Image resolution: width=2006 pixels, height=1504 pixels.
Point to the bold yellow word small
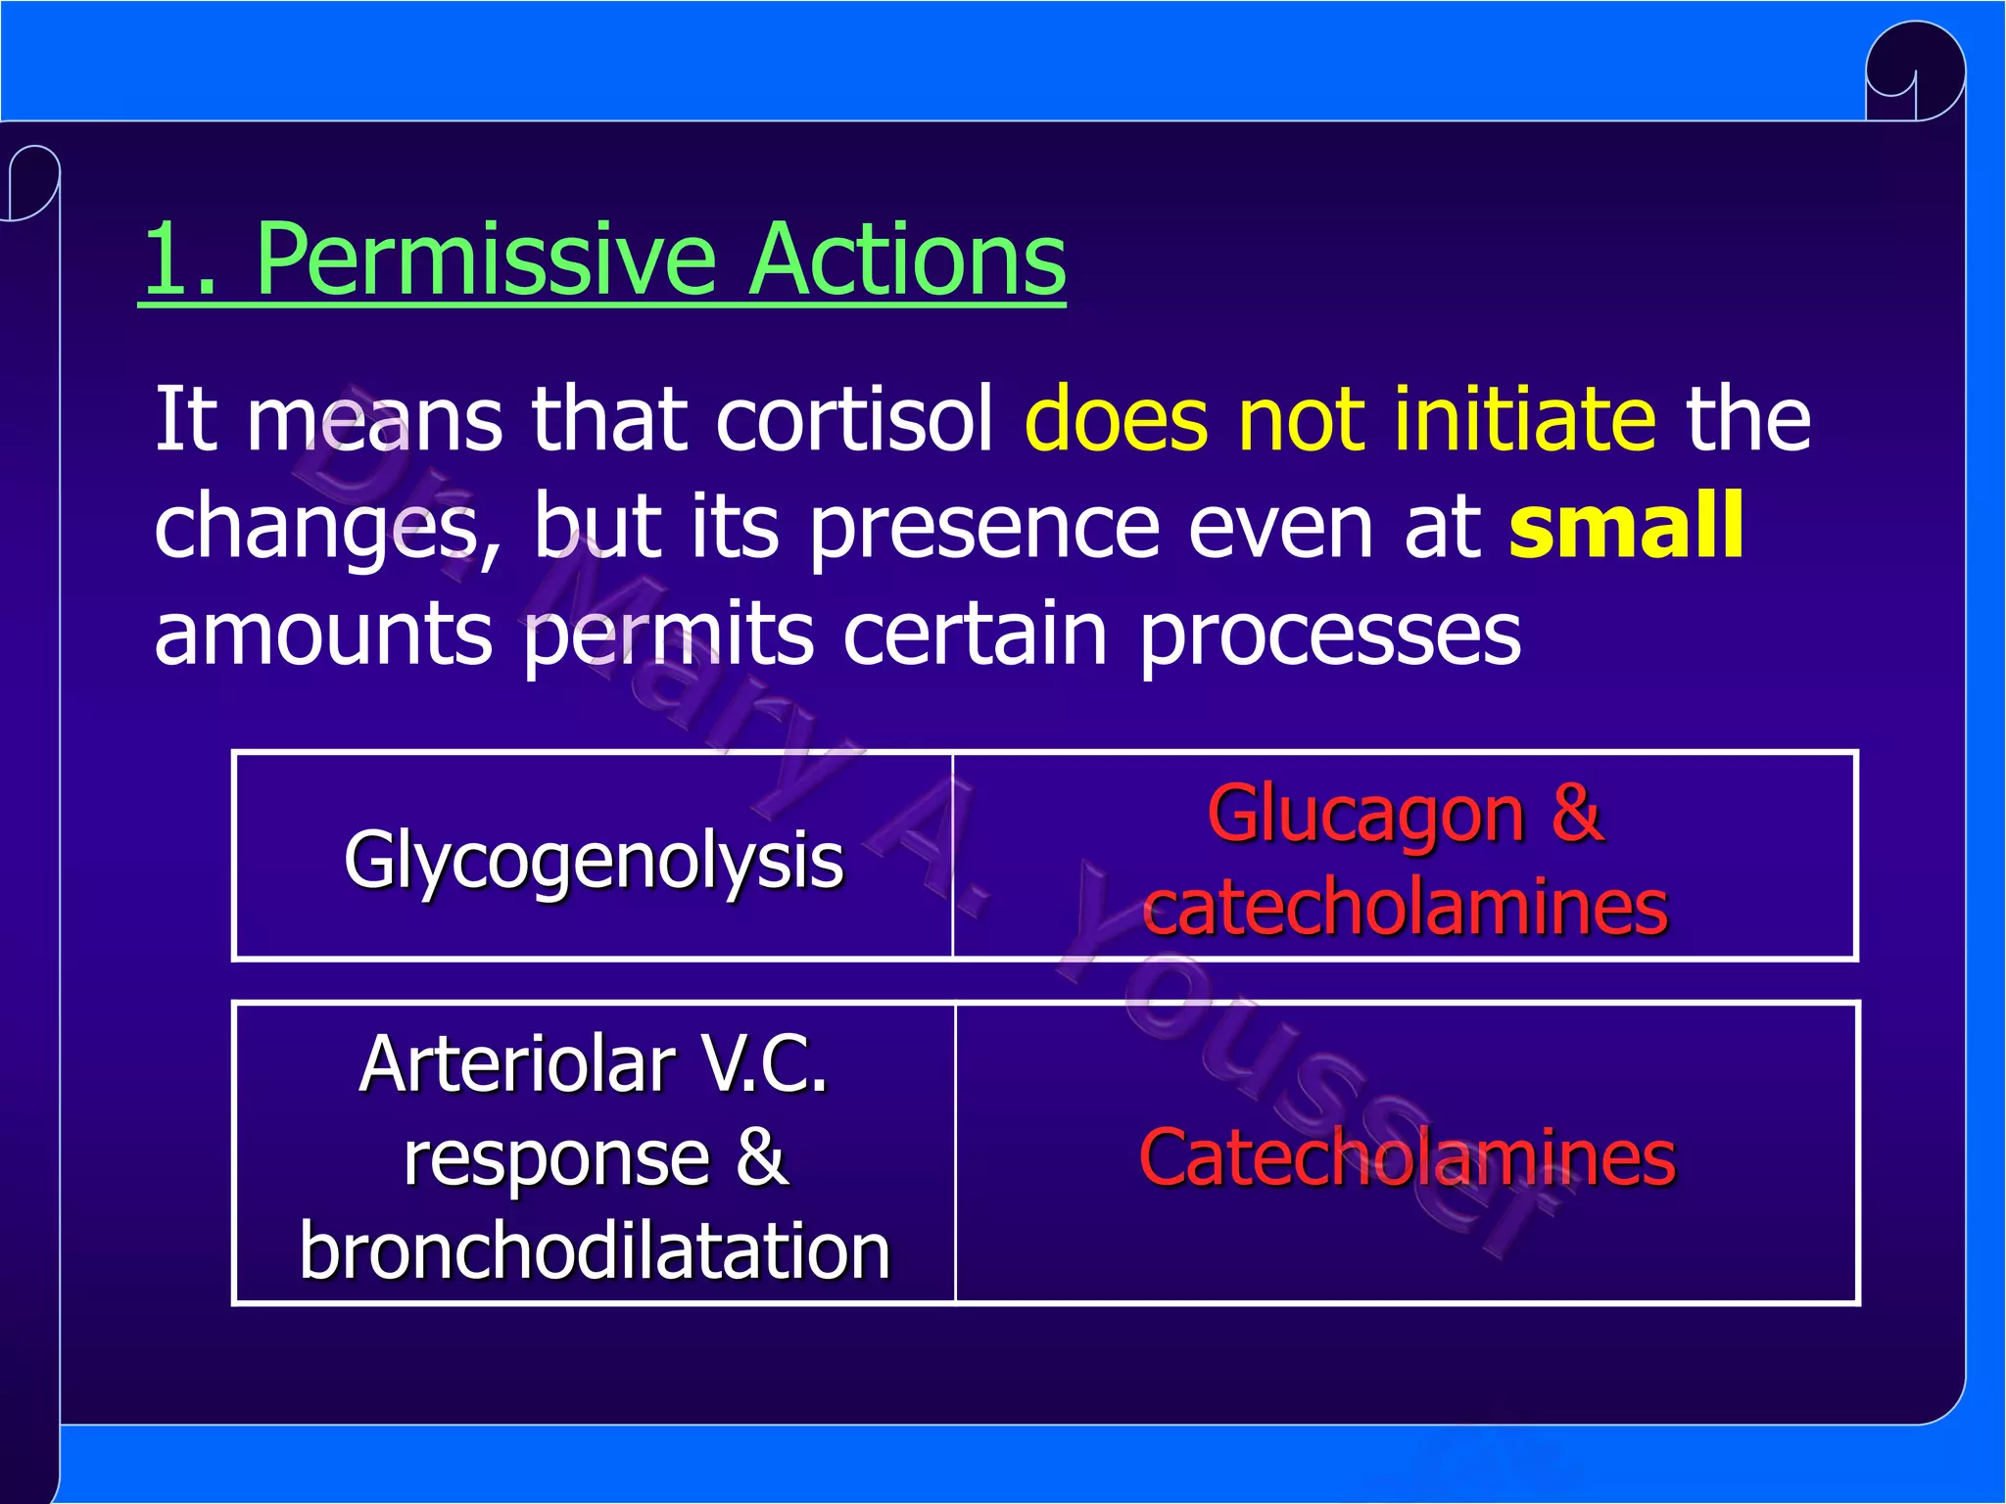click(1626, 526)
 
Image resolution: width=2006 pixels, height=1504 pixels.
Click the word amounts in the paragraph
click(323, 634)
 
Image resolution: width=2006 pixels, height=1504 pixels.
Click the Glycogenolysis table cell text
click(593, 860)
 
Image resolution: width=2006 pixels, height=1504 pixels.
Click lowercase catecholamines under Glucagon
click(1405, 907)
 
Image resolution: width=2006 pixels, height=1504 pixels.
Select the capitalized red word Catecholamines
click(1407, 1157)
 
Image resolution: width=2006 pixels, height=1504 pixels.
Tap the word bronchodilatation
click(595, 1251)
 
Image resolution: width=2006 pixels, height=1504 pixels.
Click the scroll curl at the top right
click(1915, 73)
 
